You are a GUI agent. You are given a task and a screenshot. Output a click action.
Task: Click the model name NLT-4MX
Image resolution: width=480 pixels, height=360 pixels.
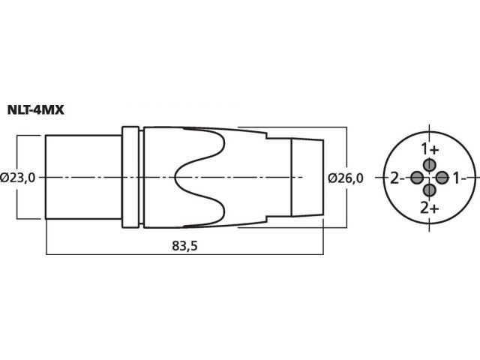click(x=35, y=110)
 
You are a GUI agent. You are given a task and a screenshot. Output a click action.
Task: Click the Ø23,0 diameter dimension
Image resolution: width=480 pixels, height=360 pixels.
click(x=18, y=178)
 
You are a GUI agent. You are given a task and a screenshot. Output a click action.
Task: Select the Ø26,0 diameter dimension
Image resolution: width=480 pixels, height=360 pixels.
click(x=346, y=178)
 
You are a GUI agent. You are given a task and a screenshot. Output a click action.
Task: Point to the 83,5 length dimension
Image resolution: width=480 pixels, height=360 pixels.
click(x=184, y=246)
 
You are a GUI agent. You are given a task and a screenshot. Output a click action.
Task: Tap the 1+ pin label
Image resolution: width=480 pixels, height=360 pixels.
click(x=430, y=150)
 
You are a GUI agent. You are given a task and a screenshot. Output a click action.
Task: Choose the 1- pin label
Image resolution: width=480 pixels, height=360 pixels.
click(x=459, y=178)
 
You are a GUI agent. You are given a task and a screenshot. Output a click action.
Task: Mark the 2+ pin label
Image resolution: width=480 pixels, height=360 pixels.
click(x=430, y=208)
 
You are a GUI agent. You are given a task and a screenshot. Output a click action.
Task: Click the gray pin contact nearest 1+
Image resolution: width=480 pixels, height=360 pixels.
click(x=430, y=165)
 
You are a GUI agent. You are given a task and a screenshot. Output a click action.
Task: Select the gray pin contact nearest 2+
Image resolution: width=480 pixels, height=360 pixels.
click(x=430, y=190)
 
